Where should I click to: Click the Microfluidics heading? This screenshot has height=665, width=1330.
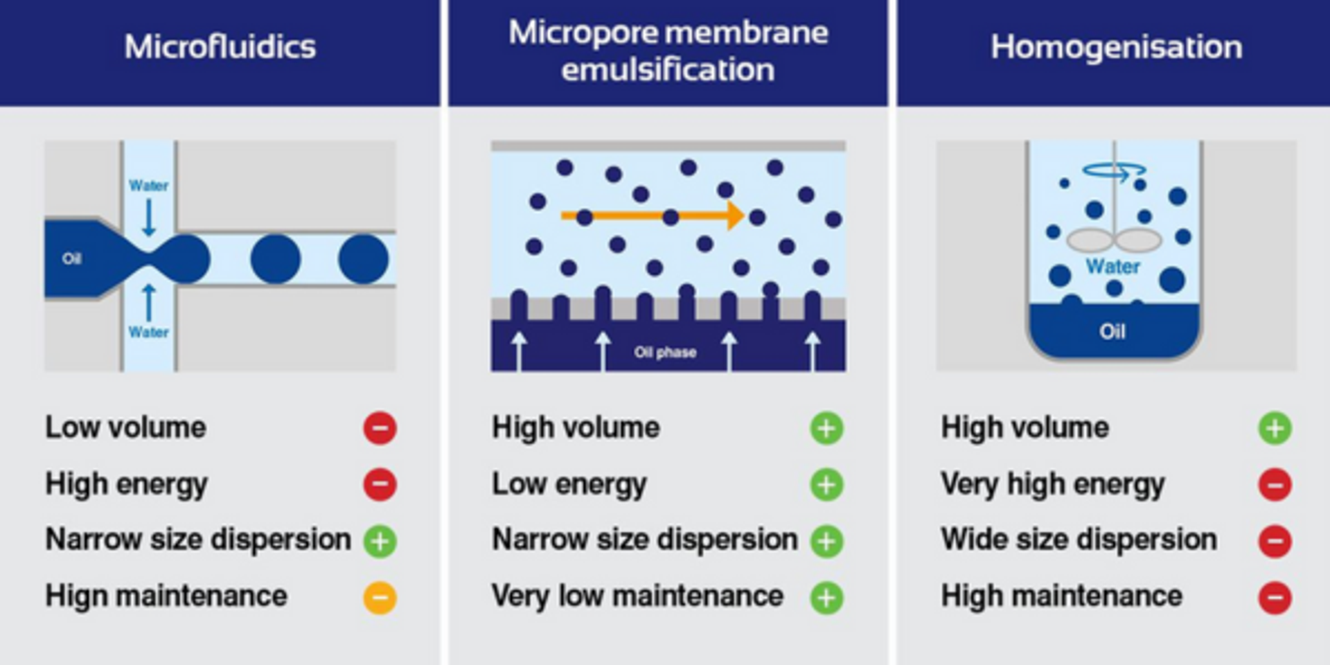(x=220, y=47)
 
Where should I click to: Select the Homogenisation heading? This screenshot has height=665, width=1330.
(x=1116, y=47)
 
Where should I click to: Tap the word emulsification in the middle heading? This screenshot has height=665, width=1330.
(x=668, y=70)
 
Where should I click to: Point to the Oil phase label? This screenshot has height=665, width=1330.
(x=665, y=352)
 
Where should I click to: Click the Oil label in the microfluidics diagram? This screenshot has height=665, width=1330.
(x=72, y=259)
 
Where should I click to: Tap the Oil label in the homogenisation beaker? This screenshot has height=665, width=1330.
(x=1112, y=331)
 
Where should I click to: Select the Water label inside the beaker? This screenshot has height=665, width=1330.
(x=1112, y=266)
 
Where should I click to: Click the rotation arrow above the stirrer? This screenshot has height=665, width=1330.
(x=1114, y=169)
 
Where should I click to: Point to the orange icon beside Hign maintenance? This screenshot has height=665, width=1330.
(x=380, y=597)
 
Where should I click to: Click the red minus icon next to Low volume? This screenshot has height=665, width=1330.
(x=380, y=427)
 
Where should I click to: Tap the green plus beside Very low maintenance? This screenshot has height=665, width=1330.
(x=827, y=597)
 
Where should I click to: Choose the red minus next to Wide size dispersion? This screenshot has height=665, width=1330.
(x=1275, y=540)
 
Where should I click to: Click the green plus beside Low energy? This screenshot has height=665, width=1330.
(x=827, y=484)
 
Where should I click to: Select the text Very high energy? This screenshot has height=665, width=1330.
(x=1052, y=484)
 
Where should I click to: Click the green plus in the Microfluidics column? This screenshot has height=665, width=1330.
(x=380, y=540)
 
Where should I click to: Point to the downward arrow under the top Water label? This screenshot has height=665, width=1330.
(x=148, y=218)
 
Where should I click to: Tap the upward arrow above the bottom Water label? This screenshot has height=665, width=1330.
(x=148, y=302)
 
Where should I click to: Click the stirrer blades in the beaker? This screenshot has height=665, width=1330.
(x=1114, y=240)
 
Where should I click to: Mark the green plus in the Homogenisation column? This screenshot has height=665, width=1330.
(x=1275, y=427)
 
